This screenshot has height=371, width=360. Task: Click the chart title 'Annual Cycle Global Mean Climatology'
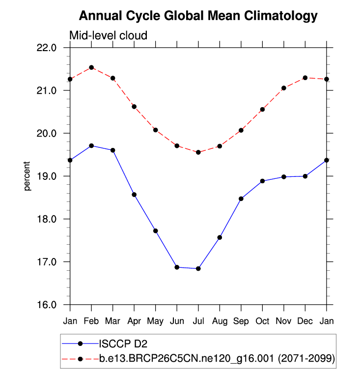click(198, 16)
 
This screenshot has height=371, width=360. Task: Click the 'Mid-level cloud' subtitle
click(108, 35)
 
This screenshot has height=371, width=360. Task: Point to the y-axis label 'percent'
click(28, 176)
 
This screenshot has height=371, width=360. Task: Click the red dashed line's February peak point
click(91, 67)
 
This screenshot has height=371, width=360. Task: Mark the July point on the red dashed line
click(198, 152)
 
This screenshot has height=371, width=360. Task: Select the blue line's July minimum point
click(198, 268)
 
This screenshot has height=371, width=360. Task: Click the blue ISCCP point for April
click(134, 195)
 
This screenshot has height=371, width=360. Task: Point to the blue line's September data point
click(241, 199)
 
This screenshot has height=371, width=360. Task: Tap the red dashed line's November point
click(284, 88)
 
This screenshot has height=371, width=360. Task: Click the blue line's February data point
click(91, 146)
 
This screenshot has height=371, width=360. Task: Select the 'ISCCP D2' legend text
click(120, 342)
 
